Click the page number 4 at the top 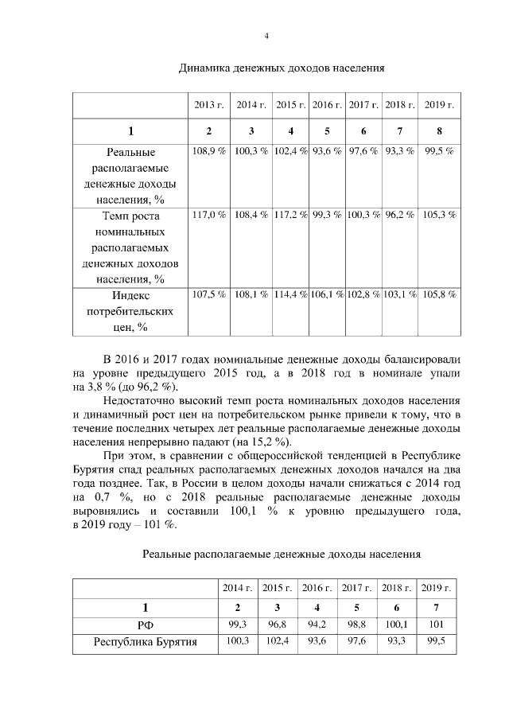click(266, 36)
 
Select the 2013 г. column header click(208, 105)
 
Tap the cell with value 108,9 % click(208, 151)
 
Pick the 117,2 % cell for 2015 click(291, 215)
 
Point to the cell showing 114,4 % click(291, 294)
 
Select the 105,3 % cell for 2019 click(439, 215)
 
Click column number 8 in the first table click(439, 131)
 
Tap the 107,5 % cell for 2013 click(208, 294)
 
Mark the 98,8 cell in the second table click(354, 625)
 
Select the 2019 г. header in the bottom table click(437, 588)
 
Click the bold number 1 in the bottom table click(146, 607)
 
